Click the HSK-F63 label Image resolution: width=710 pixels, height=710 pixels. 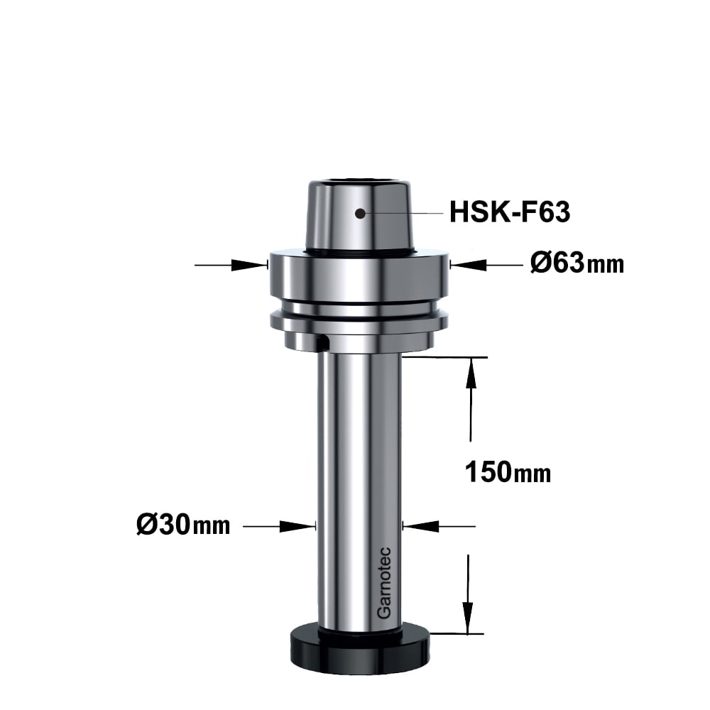click(x=509, y=212)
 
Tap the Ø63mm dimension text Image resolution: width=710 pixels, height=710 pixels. click(x=577, y=263)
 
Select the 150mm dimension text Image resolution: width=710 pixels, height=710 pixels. click(x=508, y=472)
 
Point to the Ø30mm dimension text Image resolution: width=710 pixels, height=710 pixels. click(x=183, y=525)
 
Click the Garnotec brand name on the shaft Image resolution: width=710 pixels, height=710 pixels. click(x=384, y=583)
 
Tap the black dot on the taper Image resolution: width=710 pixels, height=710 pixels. click(x=360, y=213)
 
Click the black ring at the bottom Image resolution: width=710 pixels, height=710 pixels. click(x=360, y=650)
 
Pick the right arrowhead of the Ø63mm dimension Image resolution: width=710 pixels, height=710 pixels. click(x=469, y=265)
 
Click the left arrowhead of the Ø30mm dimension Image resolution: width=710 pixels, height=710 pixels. click(x=297, y=526)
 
